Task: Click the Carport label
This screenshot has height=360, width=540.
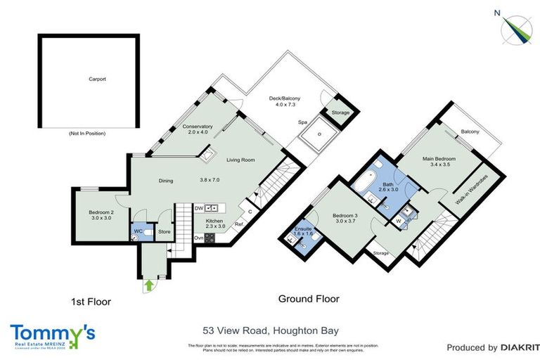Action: click(97, 79)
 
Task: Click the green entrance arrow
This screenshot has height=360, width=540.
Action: click(148, 285)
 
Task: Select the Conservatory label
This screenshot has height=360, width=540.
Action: click(198, 129)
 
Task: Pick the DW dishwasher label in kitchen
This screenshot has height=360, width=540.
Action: click(199, 208)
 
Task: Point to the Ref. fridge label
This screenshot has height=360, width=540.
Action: click(238, 224)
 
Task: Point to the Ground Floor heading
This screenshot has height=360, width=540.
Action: click(309, 299)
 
